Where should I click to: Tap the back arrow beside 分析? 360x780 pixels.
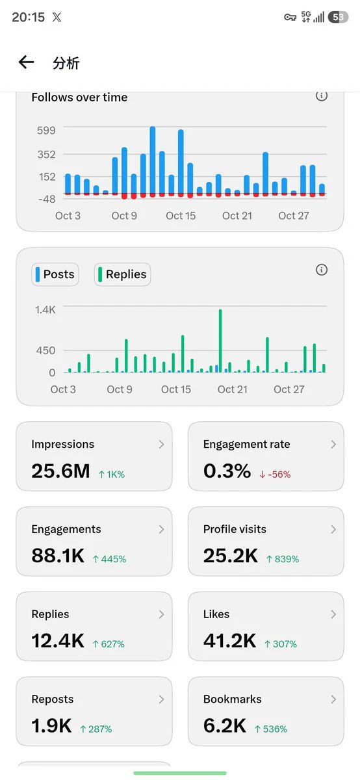point(26,62)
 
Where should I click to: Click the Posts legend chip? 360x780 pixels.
point(55,274)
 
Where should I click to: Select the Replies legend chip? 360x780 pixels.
point(122,274)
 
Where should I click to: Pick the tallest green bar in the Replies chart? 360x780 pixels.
point(220,341)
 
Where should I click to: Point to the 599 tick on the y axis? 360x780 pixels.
point(46,131)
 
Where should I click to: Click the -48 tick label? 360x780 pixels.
point(47,199)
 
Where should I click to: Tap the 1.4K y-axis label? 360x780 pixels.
point(45,309)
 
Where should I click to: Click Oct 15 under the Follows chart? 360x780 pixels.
point(181,216)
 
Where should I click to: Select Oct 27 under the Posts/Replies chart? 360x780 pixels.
point(289,389)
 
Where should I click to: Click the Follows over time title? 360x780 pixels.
point(79,97)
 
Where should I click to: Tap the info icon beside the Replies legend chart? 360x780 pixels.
point(322,270)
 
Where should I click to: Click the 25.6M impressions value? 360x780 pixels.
point(60,471)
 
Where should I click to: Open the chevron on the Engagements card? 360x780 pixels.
point(161,529)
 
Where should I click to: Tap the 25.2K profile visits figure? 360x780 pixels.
point(231,556)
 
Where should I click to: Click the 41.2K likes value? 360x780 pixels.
point(230,641)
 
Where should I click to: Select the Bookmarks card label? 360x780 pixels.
point(232,699)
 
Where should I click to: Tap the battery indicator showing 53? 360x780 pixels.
point(338,17)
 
